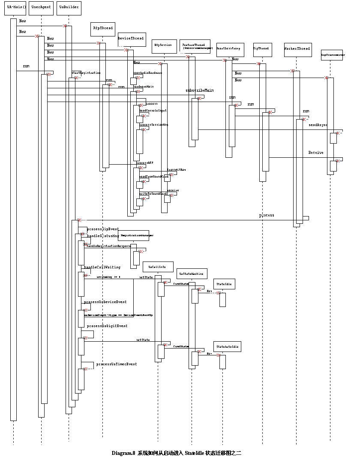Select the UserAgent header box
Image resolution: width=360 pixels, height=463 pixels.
[x=41, y=8]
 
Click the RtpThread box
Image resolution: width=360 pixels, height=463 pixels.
[x=103, y=28]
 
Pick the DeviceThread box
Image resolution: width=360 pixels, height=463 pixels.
[x=131, y=39]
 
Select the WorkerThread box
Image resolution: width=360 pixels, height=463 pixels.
[x=297, y=49]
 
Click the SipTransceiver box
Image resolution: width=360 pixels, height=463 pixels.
[x=332, y=55]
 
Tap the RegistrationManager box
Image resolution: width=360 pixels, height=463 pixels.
[x=137, y=235]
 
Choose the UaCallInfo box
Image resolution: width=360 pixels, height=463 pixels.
[x=157, y=267]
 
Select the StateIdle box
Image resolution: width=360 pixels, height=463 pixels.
[x=224, y=284]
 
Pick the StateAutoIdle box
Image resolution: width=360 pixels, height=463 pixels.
[x=228, y=346]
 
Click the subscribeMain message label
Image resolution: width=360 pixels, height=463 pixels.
[x=199, y=90]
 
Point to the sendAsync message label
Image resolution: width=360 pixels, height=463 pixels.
[x=318, y=125]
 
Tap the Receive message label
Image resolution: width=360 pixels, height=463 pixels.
[x=316, y=153]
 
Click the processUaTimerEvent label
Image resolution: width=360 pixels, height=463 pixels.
[x=116, y=364]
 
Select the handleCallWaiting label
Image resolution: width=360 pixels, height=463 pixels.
[x=102, y=267]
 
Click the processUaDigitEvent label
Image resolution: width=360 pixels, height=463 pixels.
[x=107, y=326]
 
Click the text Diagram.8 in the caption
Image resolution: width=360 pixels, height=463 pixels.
[x=123, y=453]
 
